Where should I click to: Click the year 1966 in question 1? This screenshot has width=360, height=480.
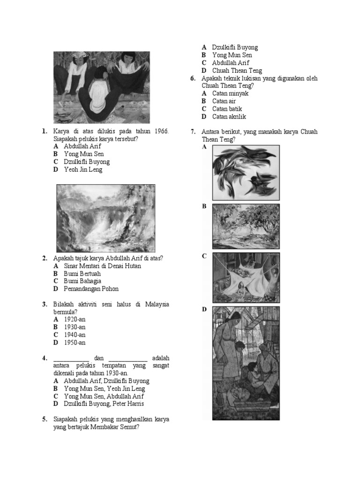tap(159, 132)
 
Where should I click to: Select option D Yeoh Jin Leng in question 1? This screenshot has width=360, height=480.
tap(83, 169)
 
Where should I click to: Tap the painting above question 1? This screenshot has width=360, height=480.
tap(101, 88)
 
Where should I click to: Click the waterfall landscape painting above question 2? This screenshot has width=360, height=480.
tap(106, 218)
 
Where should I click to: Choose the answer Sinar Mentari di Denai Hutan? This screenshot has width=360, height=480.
tap(102, 266)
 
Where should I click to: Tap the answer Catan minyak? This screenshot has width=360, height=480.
tap(230, 93)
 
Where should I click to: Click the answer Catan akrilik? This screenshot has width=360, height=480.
tap(229, 116)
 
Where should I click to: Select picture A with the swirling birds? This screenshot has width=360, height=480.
tap(246, 172)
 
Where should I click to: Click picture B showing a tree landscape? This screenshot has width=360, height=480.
tap(246, 226)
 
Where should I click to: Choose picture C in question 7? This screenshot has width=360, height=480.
tap(246, 277)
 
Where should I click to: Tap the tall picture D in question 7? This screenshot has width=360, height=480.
tap(246, 363)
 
